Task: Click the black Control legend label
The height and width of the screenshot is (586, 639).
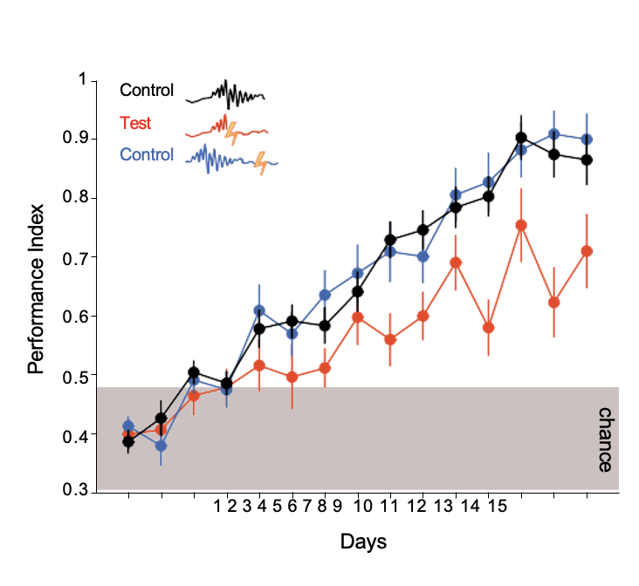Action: pos(147,90)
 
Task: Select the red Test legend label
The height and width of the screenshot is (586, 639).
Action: pos(135,123)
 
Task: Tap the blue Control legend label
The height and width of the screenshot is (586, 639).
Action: pos(147,155)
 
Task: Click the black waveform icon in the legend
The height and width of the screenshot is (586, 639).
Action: pos(225,92)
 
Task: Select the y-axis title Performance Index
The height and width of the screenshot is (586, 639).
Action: pos(36,285)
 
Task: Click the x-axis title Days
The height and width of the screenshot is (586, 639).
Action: pos(363,542)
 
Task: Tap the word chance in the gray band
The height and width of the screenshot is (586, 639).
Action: pos(604,439)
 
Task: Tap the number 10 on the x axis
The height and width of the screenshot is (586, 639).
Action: pos(362,506)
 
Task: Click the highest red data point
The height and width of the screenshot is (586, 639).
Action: pos(521,225)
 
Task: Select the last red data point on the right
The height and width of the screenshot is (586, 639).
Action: pos(587,251)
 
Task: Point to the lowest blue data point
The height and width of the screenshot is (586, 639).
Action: pos(161,446)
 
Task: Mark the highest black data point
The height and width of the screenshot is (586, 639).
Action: pos(521,138)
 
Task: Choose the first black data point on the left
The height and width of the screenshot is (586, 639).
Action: pos(128,441)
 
